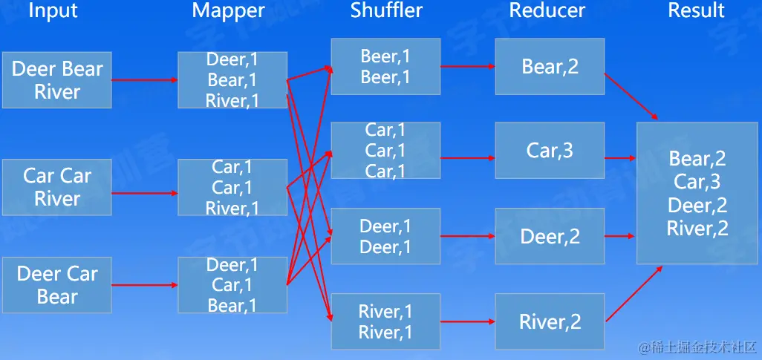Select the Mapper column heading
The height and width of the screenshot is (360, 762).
[228, 10]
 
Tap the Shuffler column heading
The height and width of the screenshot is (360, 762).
[386, 10]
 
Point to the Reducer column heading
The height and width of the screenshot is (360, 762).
[547, 10]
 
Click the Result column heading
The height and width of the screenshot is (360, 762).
[696, 10]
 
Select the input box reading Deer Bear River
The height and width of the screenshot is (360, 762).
[57, 80]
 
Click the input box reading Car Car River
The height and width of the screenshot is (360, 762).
[57, 187]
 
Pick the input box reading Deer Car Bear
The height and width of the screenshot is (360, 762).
[57, 285]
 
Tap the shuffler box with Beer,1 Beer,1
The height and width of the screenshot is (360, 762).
[385, 67]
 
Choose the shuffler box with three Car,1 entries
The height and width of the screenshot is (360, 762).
[385, 151]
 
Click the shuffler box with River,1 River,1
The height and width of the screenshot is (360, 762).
[385, 321]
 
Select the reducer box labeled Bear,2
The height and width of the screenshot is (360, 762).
[550, 67]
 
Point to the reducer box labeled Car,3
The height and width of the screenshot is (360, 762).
[550, 151]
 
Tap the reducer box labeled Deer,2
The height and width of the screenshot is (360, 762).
[550, 237]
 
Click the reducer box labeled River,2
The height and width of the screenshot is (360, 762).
[550, 321]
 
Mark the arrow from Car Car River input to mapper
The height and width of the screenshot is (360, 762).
[145, 193]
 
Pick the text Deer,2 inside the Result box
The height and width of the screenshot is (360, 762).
[697, 206]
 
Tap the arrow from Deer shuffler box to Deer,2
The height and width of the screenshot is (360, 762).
[468, 237]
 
